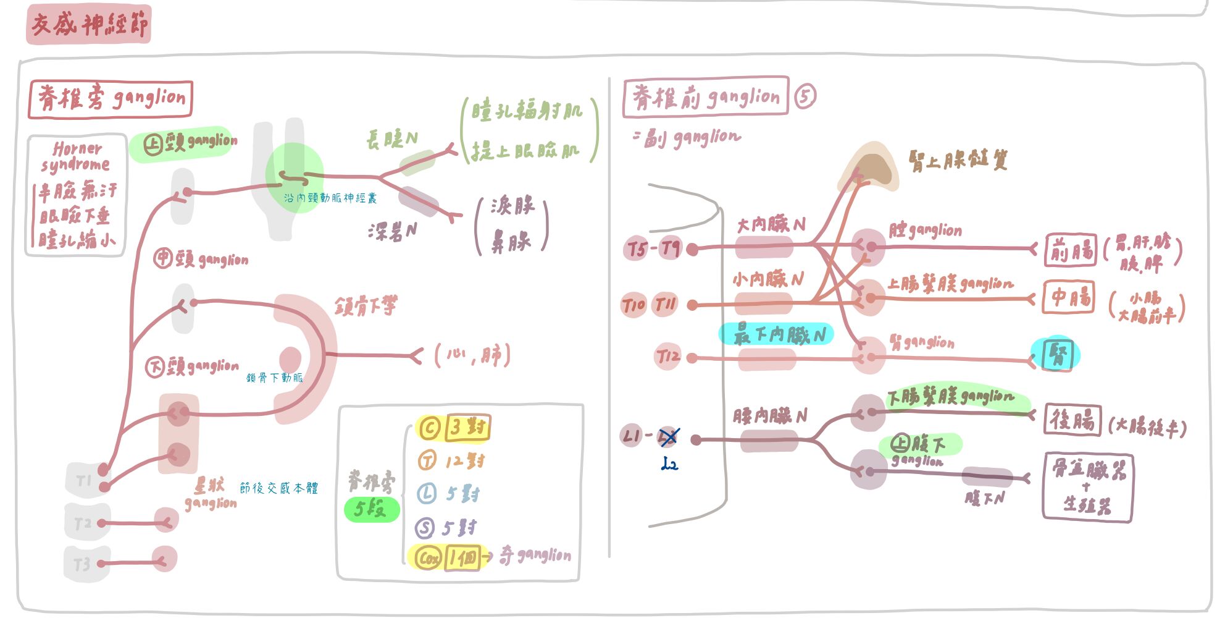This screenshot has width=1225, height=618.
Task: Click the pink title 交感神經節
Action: [89, 25]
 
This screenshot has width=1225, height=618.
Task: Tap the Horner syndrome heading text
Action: [76, 157]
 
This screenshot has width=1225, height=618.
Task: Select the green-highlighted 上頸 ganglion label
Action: [190, 143]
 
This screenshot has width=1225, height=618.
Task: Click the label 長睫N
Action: [391, 139]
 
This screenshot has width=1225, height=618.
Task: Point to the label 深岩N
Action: [392, 232]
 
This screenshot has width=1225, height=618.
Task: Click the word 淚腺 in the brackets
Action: [512, 205]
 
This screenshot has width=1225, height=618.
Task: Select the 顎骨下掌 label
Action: [366, 305]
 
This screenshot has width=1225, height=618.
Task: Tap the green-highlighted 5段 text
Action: [370, 509]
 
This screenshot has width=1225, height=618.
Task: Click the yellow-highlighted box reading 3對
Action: [467, 427]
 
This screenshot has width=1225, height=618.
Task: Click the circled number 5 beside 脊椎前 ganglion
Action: [805, 96]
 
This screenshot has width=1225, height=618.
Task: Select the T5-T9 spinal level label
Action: [653, 248]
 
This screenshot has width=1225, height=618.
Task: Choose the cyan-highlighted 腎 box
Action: [1057, 354]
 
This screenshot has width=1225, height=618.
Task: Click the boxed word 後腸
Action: [1072, 420]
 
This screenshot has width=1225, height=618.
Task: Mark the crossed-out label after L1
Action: [669, 436]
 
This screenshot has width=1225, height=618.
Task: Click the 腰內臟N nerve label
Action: [769, 416]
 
